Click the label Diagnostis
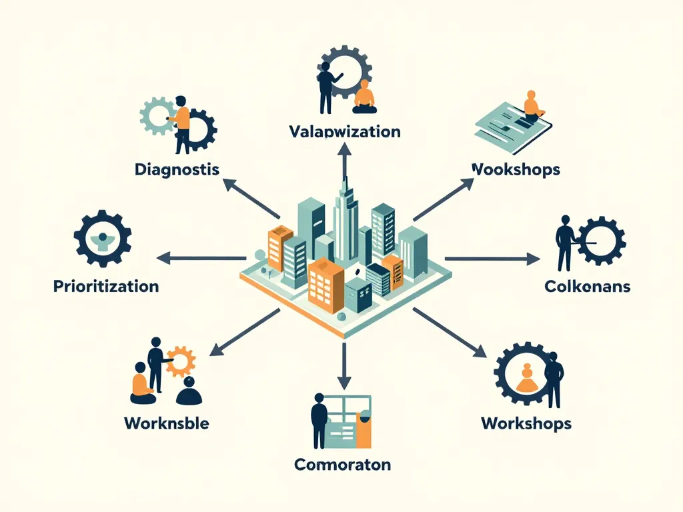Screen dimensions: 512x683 (177, 169)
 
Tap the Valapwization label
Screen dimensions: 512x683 (345, 131)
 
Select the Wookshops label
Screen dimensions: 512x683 (515, 169)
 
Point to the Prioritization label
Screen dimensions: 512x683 (105, 287)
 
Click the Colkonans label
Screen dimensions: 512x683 (587, 287)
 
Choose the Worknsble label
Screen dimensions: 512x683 (167, 423)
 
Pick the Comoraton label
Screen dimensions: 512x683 (343, 464)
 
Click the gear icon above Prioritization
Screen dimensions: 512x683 (102, 239)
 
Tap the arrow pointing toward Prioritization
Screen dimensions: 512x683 (200, 258)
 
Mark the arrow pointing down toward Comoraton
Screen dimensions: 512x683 (344, 367)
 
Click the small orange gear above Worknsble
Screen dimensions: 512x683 (181, 361)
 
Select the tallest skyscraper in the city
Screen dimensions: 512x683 (344, 213)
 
